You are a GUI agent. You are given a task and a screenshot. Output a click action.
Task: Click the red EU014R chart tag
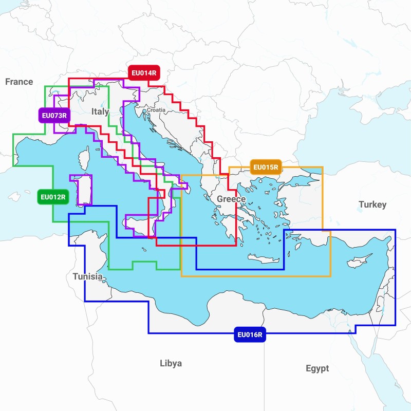pyautogui.click(x=143, y=73)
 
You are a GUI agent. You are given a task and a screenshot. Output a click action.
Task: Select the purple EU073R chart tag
pyautogui.click(x=53, y=115)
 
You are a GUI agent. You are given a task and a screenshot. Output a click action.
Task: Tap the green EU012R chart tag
pyautogui.click(x=53, y=197)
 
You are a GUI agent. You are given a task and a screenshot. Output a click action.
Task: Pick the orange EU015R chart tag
pyautogui.click(x=266, y=166)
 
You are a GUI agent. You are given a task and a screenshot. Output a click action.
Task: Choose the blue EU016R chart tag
pyautogui.click(x=250, y=335)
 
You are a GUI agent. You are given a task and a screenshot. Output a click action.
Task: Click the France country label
pyautogui.click(x=19, y=82)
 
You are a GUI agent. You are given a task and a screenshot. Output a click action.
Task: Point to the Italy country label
pyautogui.click(x=100, y=111)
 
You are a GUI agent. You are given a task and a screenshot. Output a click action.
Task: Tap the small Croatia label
pyautogui.click(x=156, y=110)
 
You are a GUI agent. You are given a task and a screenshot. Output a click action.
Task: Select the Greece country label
pyautogui.click(x=231, y=199)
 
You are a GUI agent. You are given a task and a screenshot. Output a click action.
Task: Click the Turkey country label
pyautogui.click(x=372, y=204)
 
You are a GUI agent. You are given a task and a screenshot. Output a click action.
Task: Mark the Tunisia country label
pyautogui.click(x=87, y=276)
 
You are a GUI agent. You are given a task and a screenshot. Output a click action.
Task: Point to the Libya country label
pyautogui.click(x=171, y=363)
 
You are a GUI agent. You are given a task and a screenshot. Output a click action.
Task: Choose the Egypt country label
pyautogui.click(x=317, y=368)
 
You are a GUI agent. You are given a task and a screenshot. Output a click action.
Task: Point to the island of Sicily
pyautogui.click(x=137, y=226)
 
